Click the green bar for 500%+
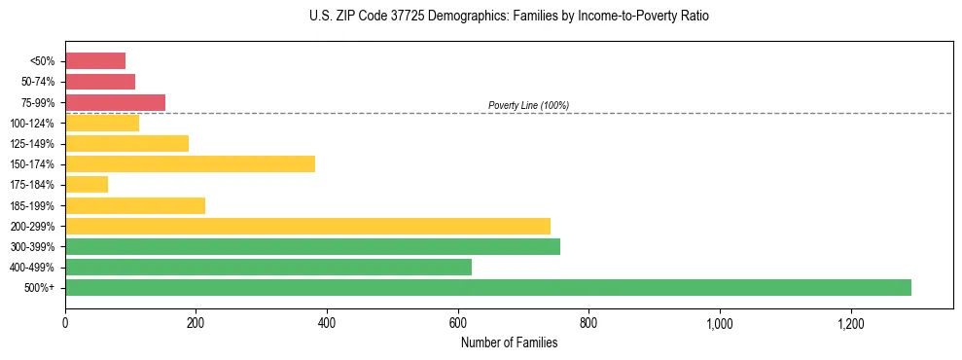point(487,287)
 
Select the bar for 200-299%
point(307,226)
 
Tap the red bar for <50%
point(95,61)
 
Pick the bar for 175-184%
point(87,185)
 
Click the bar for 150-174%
point(190,163)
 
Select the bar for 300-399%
point(312,246)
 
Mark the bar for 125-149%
point(126,143)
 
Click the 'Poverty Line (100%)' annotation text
point(528,105)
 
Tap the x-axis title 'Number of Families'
point(509,342)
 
